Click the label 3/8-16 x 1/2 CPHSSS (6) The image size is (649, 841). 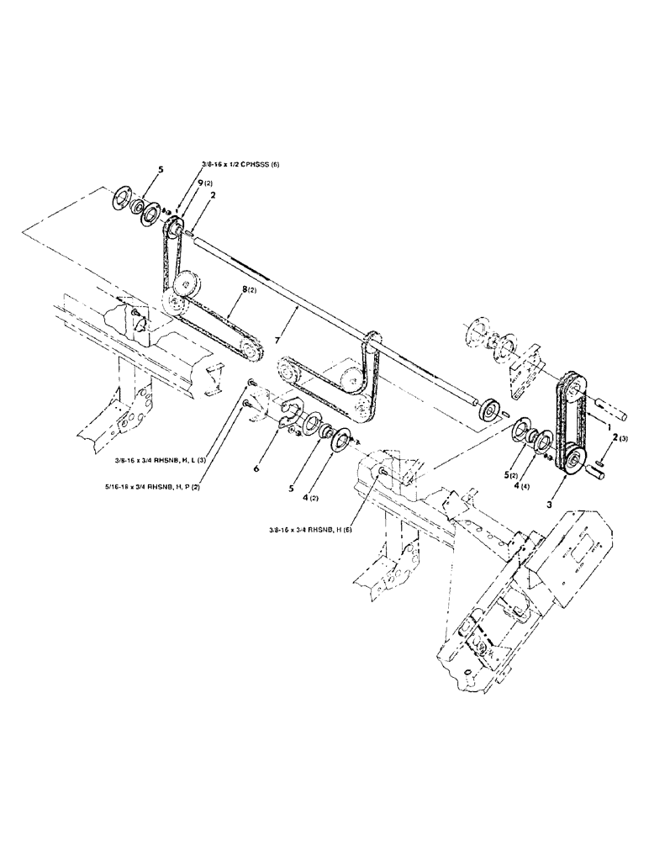pyautogui.click(x=244, y=165)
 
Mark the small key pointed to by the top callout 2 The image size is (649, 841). pyautogui.click(x=193, y=233)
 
